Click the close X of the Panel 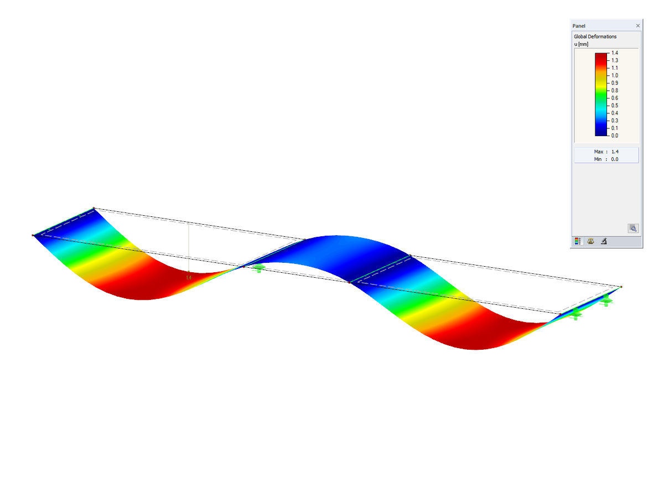click(637, 25)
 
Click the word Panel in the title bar click(579, 26)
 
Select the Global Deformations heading click(595, 37)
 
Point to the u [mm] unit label click(581, 44)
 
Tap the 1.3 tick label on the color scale click(614, 60)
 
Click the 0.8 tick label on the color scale click(614, 90)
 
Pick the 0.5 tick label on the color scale click(614, 106)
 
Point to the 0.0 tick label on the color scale click(614, 136)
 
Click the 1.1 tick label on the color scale click(614, 68)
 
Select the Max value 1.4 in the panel click(615, 152)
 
